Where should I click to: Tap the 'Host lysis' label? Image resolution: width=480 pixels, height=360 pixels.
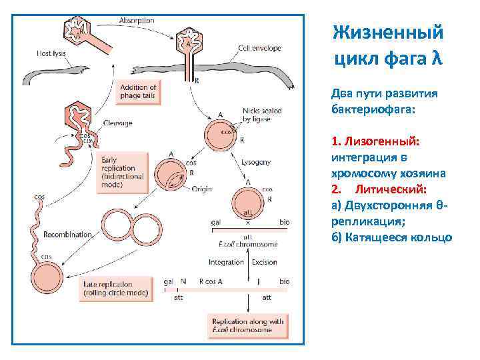53,53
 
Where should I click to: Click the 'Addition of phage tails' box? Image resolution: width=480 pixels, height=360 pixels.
138,92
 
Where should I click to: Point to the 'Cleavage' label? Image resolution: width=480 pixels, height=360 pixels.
118,123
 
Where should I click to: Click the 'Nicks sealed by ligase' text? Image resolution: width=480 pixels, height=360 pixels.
262,115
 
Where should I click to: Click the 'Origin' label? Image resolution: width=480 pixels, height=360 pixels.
201,189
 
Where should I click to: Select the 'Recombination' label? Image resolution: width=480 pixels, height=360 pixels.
67,235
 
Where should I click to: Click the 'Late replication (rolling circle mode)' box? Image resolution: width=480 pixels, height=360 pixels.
115,289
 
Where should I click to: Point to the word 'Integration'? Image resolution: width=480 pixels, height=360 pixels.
226,262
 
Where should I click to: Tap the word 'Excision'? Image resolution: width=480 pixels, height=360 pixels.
264,262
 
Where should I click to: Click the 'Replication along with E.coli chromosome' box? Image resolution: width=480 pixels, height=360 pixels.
247,325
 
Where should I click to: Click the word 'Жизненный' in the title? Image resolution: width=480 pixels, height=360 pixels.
387,32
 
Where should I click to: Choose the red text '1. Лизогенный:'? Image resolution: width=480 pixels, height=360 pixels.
374,141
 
